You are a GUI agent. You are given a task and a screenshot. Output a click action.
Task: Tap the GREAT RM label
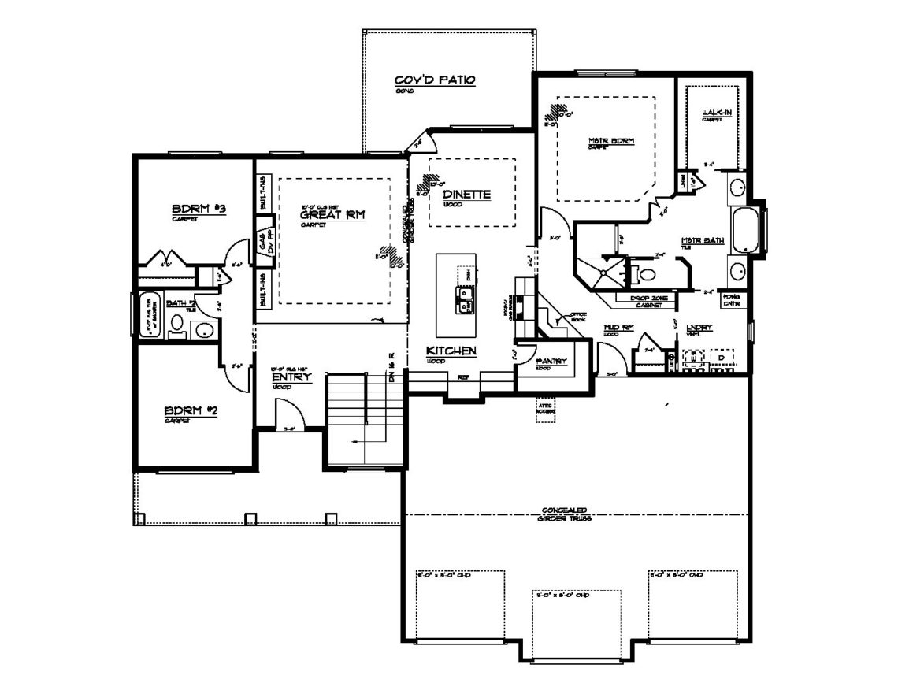[334, 213]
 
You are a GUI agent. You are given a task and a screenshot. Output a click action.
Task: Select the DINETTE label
[466, 194]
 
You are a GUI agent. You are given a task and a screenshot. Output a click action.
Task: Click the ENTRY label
[291, 377]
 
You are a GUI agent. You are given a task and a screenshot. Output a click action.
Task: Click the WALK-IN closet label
[716, 113]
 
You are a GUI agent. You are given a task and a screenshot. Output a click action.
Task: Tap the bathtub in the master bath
[744, 229]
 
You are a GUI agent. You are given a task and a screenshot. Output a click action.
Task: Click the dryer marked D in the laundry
[720, 358]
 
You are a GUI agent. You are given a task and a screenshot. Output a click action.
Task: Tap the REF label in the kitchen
[463, 377]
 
